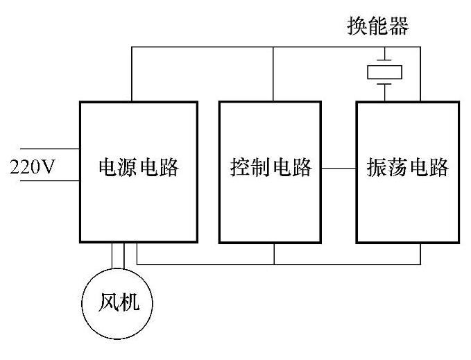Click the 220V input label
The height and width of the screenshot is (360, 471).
click(32, 166)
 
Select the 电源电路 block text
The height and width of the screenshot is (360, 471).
click(139, 167)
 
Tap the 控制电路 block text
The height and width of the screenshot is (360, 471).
click(271, 167)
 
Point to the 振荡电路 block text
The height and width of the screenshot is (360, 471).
click(408, 167)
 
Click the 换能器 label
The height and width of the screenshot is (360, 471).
click(377, 27)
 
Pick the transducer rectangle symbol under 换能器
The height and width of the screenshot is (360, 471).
click(385, 71)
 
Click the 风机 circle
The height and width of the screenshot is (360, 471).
click(118, 303)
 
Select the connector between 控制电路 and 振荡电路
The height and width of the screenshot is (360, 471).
click(339, 168)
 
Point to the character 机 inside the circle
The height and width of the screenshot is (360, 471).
click(129, 303)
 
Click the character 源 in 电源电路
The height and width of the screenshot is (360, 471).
click(128, 167)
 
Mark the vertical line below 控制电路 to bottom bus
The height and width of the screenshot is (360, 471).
click(275, 254)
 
